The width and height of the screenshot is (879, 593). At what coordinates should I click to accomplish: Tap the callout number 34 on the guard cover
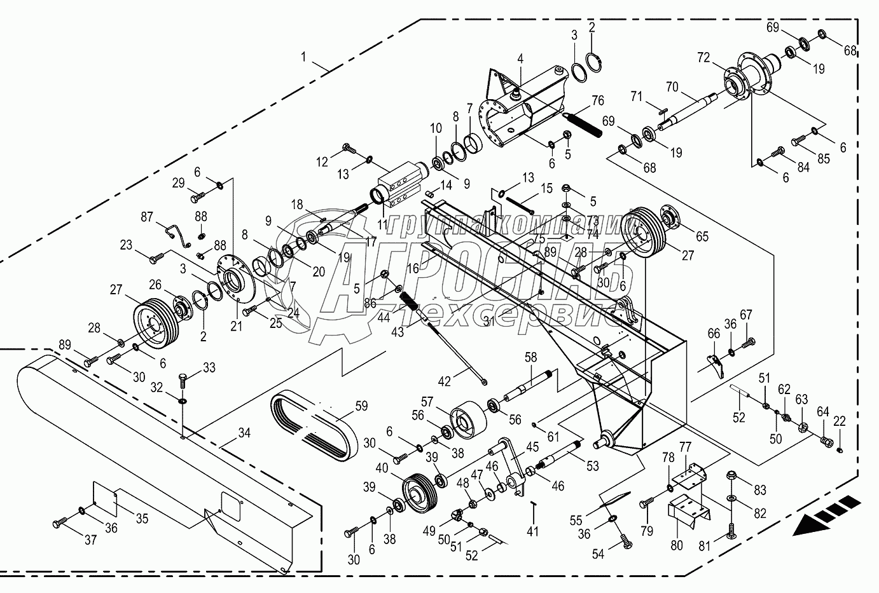pos(244,433)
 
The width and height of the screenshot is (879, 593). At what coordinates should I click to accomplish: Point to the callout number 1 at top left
pos(304,57)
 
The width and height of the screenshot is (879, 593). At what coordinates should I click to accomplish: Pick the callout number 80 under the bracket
pos(676,545)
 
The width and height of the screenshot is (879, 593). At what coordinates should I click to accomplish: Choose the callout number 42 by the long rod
pos(445,381)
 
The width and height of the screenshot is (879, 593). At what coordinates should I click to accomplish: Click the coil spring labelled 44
pos(410,299)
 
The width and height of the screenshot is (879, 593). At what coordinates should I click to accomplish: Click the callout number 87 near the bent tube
pos(147,218)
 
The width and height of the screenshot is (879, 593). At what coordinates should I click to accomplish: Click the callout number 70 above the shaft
pos(672,86)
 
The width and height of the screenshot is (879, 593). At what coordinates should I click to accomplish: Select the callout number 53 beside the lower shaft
pos(592,467)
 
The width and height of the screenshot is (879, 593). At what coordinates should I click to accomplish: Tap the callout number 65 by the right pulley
pos(702,236)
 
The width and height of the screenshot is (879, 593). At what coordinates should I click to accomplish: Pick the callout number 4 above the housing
pos(520,59)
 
